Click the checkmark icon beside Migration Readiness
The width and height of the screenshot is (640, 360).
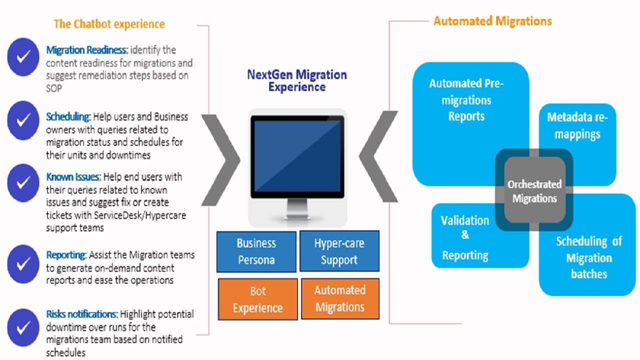point(23,56)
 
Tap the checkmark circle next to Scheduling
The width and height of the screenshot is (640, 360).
point(23,120)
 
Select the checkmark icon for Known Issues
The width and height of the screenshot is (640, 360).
point(23,182)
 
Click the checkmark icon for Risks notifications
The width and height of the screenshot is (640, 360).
point(23,328)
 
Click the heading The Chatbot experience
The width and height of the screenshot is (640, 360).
point(109,23)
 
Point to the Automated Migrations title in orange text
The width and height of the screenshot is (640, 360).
point(492,21)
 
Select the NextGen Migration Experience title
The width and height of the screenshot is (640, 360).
point(297,80)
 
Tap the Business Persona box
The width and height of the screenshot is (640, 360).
point(256,251)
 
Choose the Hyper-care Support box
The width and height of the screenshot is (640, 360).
point(339,251)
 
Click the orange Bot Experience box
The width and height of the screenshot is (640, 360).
point(258,299)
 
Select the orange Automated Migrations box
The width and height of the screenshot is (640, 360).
point(339,298)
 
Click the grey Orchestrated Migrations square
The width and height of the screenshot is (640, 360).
point(534,190)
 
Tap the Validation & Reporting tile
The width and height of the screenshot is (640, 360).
point(465,238)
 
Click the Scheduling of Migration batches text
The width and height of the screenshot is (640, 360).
point(589,257)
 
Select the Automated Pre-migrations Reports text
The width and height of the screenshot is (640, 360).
point(466,99)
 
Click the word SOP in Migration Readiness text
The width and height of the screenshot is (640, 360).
point(54,88)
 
